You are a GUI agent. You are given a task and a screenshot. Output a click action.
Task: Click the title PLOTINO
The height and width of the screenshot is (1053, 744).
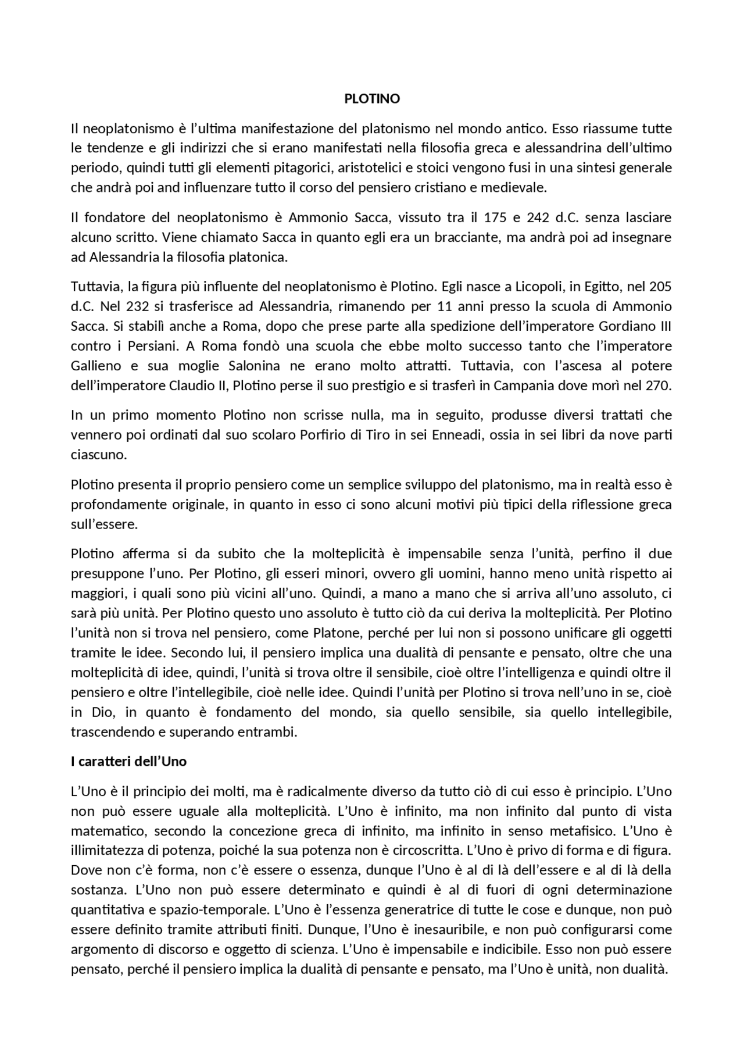372,99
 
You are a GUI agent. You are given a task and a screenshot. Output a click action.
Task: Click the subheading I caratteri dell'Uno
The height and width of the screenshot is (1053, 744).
128,762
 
